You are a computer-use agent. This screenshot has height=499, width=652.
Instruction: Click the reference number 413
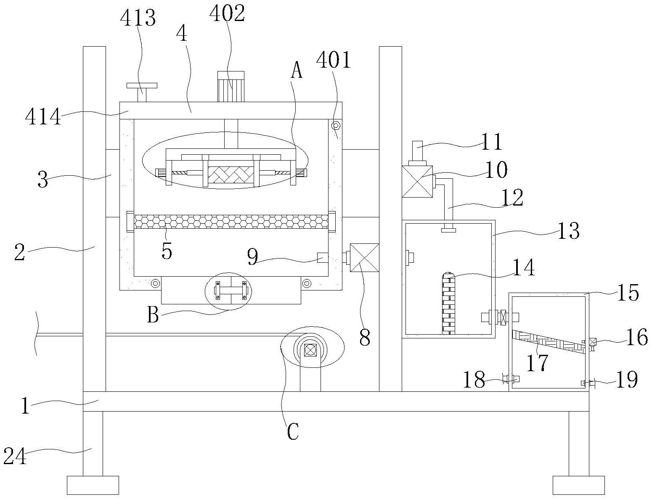tap(138, 18)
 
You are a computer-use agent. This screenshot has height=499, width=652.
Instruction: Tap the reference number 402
tap(227, 13)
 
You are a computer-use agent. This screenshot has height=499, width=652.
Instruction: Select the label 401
tap(333, 60)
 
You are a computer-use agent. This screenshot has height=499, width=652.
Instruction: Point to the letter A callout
tap(297, 70)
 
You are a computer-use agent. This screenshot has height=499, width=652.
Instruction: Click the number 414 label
tap(43, 116)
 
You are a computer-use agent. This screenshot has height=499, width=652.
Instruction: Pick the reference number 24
tap(15, 456)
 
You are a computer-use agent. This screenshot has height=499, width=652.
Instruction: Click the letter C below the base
tap(292, 431)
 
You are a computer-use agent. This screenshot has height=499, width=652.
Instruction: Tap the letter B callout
tap(153, 316)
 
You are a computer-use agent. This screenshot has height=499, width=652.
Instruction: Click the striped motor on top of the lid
tap(231, 86)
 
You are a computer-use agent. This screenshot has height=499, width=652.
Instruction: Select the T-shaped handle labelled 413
tap(142, 92)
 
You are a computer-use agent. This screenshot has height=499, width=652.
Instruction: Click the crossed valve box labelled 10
tap(417, 182)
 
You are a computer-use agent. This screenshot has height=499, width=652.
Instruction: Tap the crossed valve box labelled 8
tap(365, 258)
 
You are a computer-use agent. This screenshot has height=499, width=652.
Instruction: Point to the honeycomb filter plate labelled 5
tap(231, 222)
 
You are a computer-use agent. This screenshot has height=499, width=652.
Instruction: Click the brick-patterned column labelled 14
tap(448, 303)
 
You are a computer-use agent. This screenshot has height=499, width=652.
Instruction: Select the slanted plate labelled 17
tap(549, 342)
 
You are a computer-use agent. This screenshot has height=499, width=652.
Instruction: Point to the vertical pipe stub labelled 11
tap(417, 151)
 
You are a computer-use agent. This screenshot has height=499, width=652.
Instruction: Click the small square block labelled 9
tap(323, 258)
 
